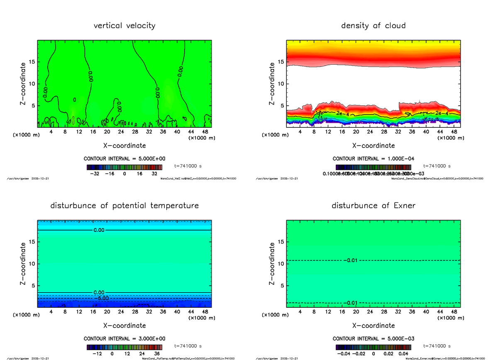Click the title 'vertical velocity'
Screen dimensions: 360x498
tap(124, 26)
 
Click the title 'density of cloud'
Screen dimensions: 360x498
tap(373, 26)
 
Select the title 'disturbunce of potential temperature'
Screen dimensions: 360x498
tap(124, 206)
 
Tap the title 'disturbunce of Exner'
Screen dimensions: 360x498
tap(373, 206)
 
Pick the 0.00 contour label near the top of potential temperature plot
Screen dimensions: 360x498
tap(100, 230)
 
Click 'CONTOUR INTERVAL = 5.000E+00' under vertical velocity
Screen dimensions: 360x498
tap(124, 159)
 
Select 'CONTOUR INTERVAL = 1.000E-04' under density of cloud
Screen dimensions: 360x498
tap(373, 159)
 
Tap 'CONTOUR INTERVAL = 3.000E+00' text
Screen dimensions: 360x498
tap(124, 338)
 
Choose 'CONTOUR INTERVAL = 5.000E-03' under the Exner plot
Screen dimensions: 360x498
tap(373, 338)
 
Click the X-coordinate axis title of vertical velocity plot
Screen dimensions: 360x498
tap(124, 146)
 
